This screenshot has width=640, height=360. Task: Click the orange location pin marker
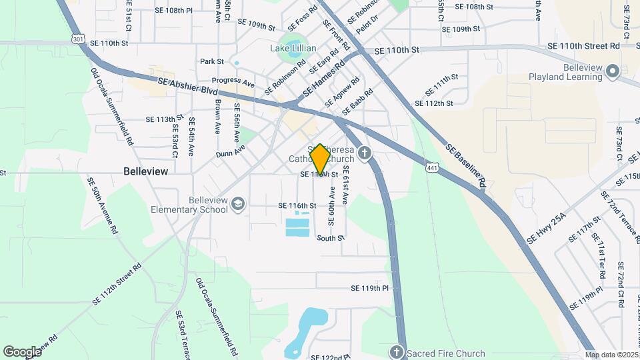(320, 160)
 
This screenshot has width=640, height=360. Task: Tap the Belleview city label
(146, 171)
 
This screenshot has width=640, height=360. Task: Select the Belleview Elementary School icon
(238, 203)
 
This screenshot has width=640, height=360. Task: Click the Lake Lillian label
(293, 48)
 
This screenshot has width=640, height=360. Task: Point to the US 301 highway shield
(79, 40)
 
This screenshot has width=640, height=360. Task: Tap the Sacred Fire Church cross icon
(396, 351)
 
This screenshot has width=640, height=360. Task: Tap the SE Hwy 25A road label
(547, 229)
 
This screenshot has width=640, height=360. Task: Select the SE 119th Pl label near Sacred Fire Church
(369, 289)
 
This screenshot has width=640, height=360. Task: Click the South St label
(330, 238)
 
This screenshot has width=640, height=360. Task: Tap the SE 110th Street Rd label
(583, 45)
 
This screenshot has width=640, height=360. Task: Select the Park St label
(211, 61)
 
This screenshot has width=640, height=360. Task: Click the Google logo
(22, 352)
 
